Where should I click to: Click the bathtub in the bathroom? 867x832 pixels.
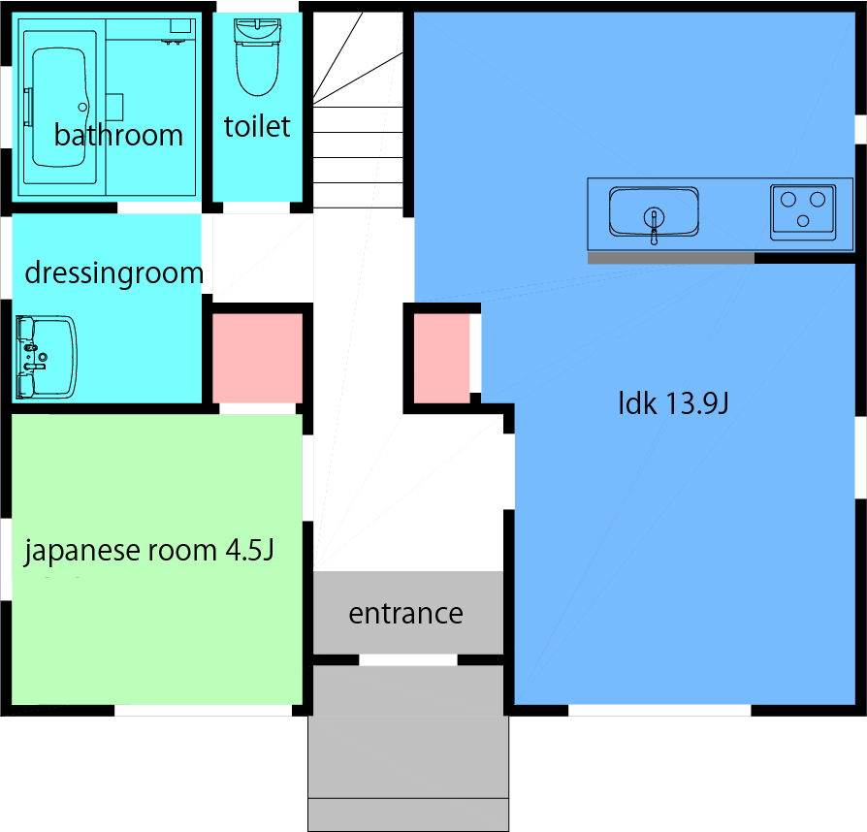coord(60,108)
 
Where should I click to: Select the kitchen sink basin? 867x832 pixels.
coord(654,212)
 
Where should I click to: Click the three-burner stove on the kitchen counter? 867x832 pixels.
coord(803,212)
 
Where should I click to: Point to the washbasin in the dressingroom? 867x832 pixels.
coord(46,357)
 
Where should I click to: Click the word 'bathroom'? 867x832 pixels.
coord(118,136)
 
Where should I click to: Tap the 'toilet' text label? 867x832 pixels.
coord(257,127)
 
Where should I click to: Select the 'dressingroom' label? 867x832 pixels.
coord(113,273)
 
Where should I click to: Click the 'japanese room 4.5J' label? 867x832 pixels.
coord(148,551)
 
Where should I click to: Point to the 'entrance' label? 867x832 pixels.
coord(405,613)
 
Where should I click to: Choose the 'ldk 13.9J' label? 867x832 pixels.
coord(673,403)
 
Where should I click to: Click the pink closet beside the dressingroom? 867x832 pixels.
coord(258,358)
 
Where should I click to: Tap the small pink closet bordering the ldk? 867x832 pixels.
coord(442,358)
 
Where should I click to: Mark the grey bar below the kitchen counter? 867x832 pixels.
coord(671,258)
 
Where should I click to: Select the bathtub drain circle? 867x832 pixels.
coord(83,108)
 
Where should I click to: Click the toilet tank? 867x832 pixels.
coord(257,30)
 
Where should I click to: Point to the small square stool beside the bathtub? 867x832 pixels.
coord(113,108)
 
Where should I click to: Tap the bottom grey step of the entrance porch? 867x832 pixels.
coord(408,815)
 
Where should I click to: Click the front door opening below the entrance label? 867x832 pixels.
coord(408,659)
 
